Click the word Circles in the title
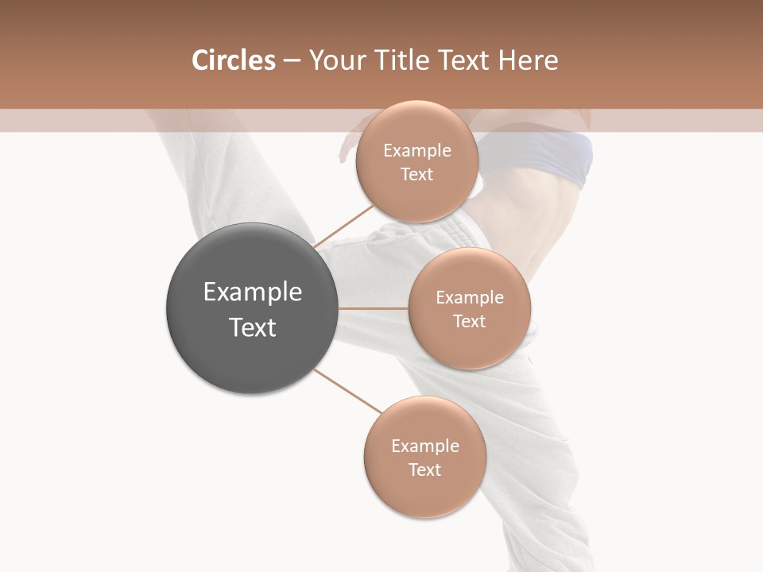coord(233,60)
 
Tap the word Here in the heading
coord(528,60)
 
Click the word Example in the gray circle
coord(253,292)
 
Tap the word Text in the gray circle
coord(253,327)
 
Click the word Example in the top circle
coord(417,151)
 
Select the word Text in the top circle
coord(417,175)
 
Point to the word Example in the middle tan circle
coord(470,298)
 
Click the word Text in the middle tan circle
coord(470,322)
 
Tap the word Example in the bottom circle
coord(425,446)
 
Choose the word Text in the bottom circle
coord(425,470)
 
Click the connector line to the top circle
coord(343,226)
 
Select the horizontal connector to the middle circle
coord(374,308)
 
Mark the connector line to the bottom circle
coord(347,391)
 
